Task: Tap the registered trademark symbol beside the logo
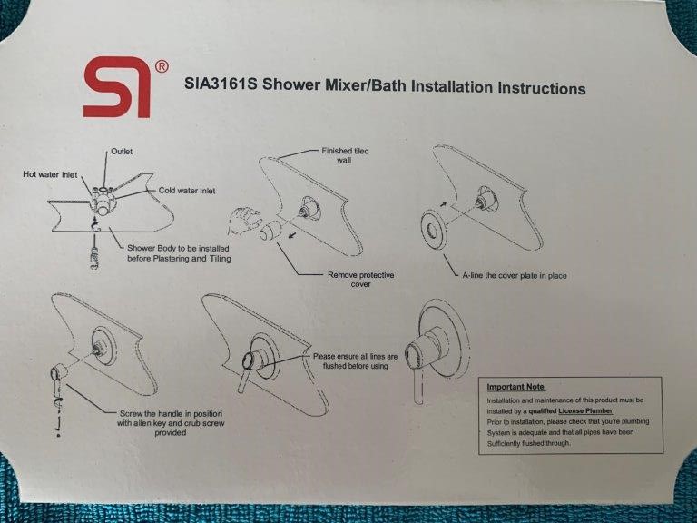pos(162,66)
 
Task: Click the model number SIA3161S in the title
pos(221,84)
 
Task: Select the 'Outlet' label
pos(122,152)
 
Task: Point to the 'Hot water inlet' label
pos(50,174)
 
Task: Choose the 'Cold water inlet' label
pos(187,191)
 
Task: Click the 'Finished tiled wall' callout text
pos(345,155)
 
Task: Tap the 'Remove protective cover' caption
pos(360,280)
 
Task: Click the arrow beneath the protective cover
pos(292,234)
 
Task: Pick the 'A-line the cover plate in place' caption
pos(515,275)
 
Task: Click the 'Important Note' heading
pos(515,387)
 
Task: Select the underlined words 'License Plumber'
pos(585,411)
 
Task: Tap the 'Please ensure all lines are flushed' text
pos(355,361)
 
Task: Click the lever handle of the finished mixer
pos(418,388)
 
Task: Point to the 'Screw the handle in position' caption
pos(171,423)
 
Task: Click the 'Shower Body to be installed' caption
pos(179,253)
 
